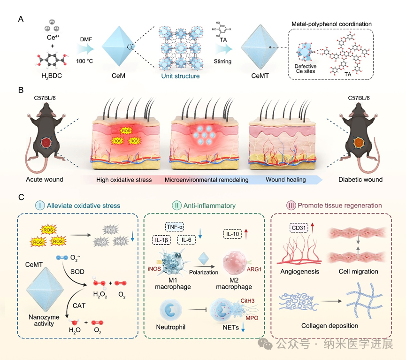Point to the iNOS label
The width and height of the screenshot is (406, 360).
(x=157, y=269)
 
